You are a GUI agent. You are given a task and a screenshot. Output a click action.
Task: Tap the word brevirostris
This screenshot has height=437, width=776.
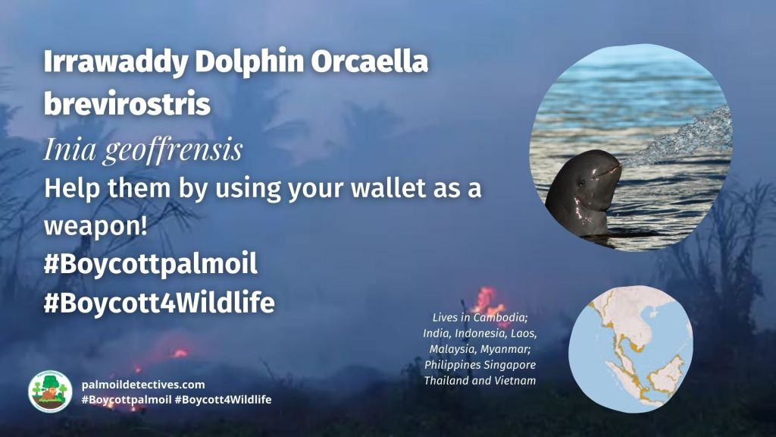point(127,104)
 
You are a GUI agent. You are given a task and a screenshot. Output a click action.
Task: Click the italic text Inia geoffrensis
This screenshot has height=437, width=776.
point(142,149)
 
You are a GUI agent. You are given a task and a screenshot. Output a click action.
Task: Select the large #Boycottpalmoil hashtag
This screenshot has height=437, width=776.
point(150,265)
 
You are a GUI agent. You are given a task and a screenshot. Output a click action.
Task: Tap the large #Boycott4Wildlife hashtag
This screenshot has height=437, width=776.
point(158,303)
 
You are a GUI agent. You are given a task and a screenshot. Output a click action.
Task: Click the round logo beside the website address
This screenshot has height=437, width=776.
point(50,391)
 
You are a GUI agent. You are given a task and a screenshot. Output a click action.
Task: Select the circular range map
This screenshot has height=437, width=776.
point(630,349)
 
